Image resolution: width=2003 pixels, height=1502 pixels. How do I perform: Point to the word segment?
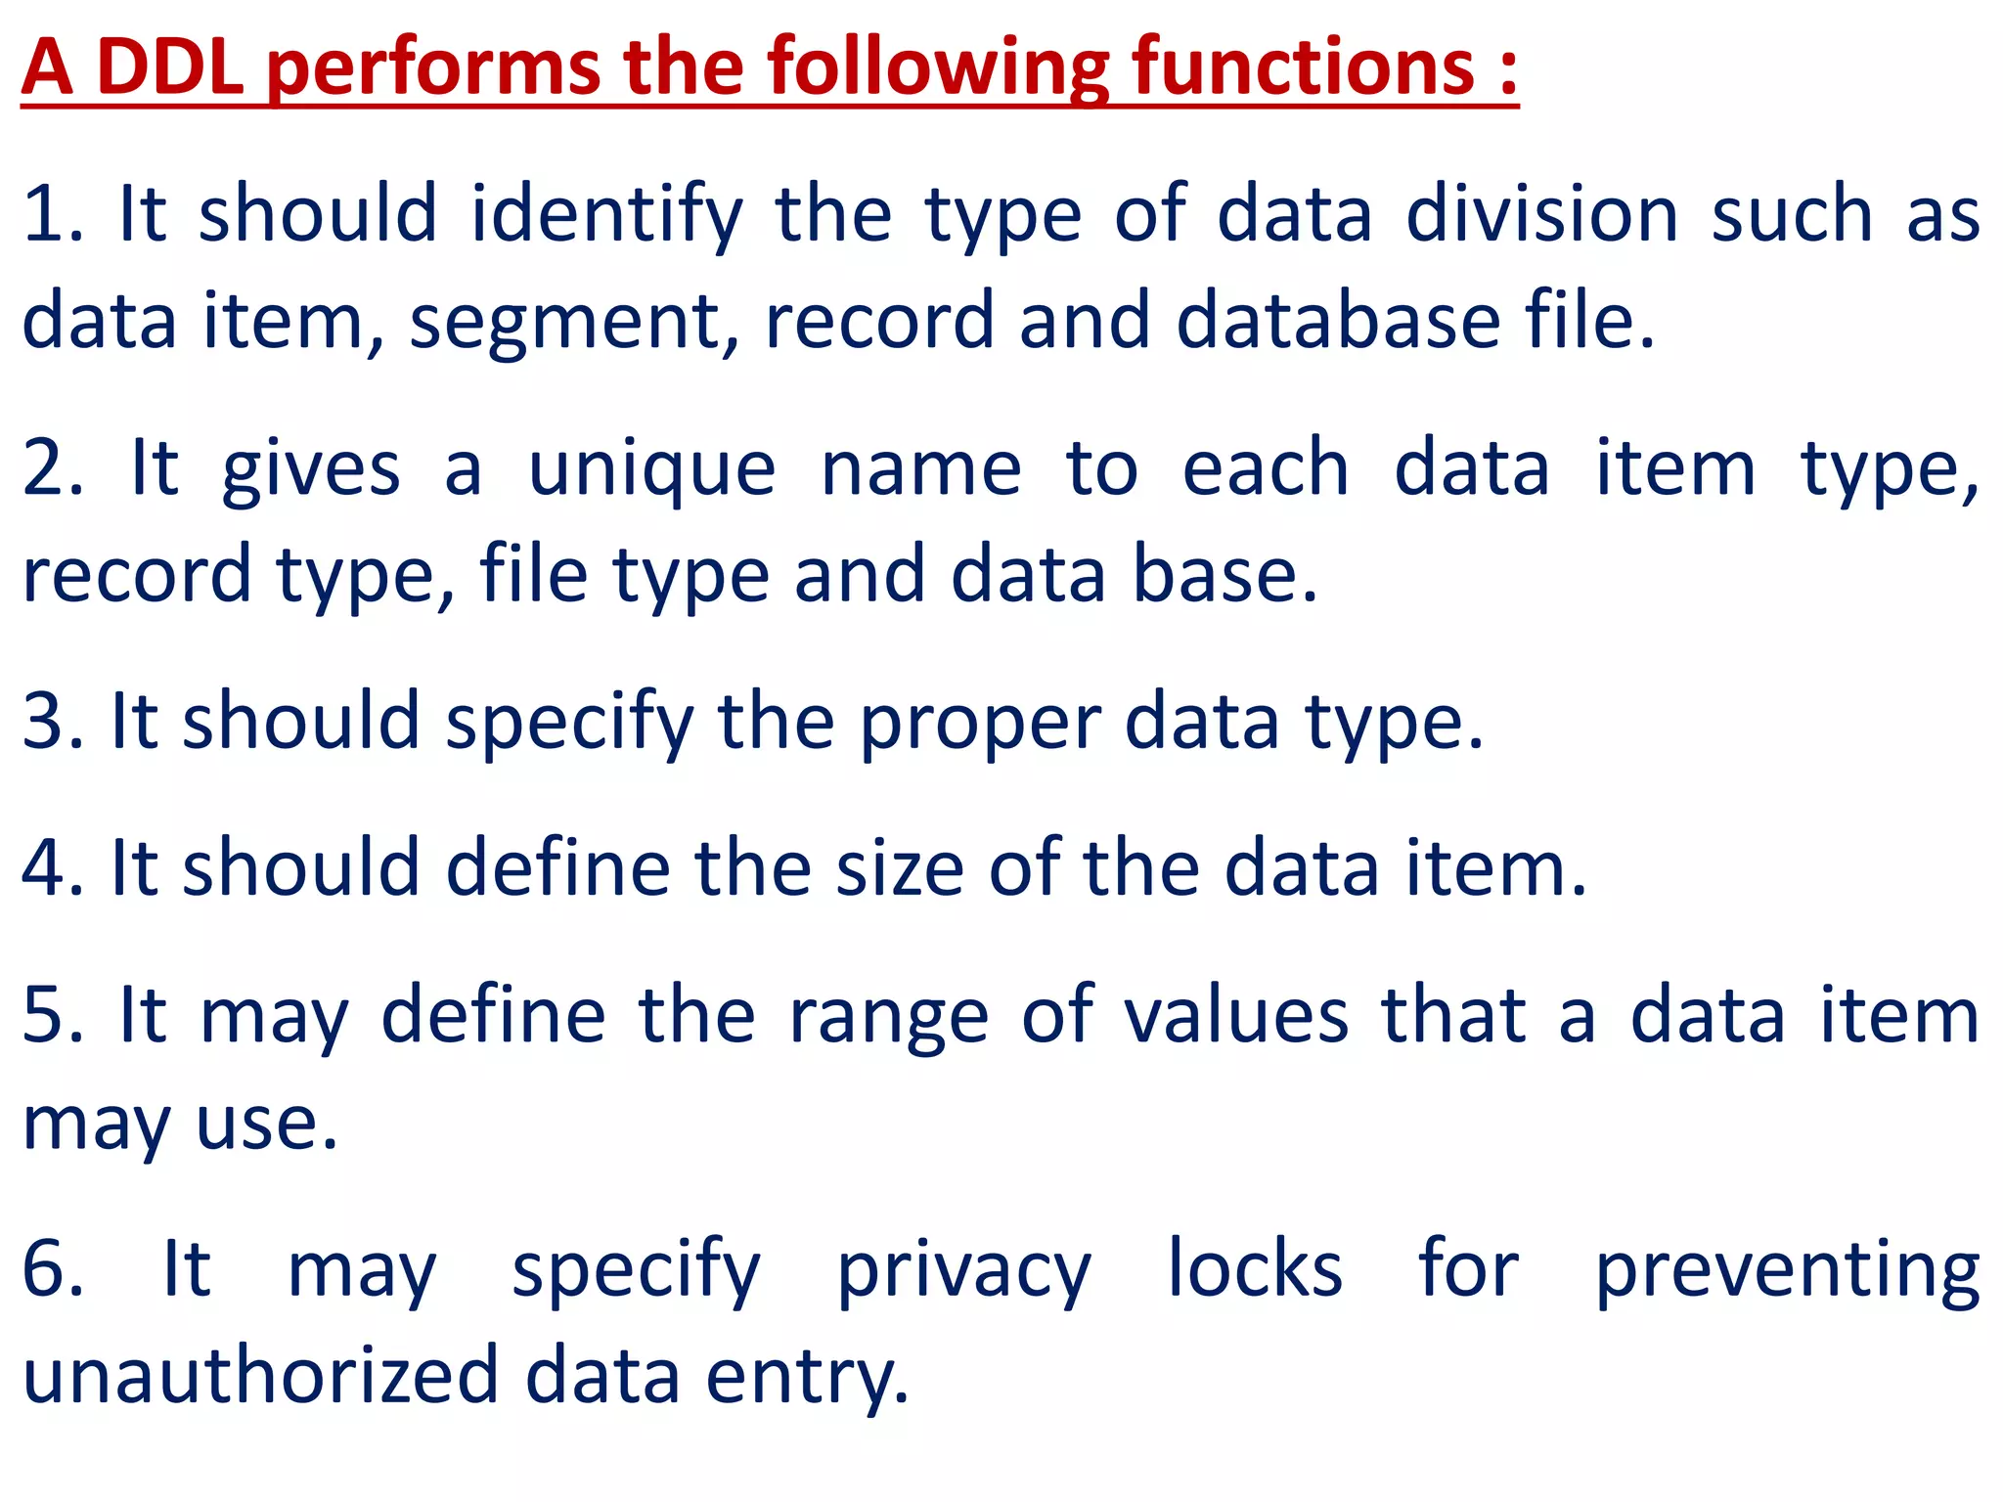573,323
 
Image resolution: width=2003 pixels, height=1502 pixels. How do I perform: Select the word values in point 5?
1235,1017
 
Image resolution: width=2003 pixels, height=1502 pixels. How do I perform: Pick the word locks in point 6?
1255,1269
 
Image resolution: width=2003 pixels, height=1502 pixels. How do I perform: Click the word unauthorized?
260,1375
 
